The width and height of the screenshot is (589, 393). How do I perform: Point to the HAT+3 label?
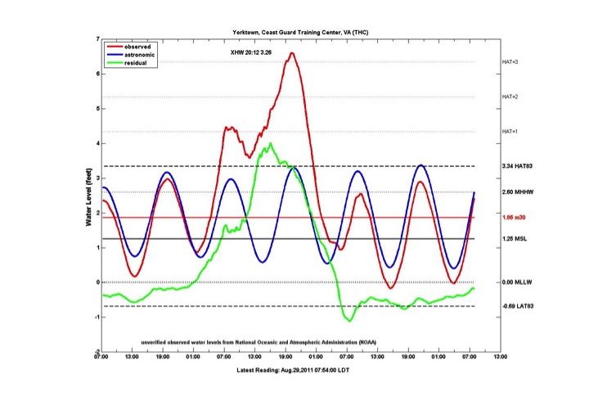point(510,62)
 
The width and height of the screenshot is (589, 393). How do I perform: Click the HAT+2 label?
point(510,97)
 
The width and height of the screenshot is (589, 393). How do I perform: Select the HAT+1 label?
point(510,132)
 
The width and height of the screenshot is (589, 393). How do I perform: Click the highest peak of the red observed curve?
point(292,53)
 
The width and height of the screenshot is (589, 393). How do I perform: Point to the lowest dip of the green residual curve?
point(349,320)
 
